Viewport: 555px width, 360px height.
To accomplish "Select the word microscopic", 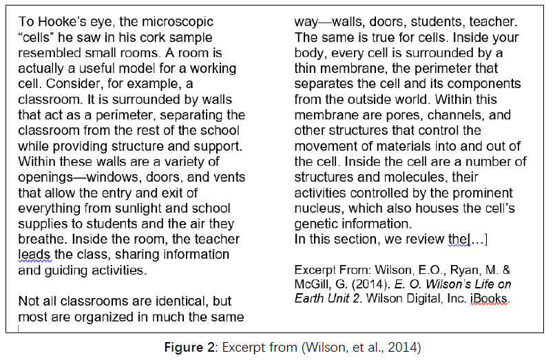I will [x=174, y=22].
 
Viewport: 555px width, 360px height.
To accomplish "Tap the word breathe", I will [x=40, y=239].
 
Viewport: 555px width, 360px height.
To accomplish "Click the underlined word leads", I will [x=34, y=255].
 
